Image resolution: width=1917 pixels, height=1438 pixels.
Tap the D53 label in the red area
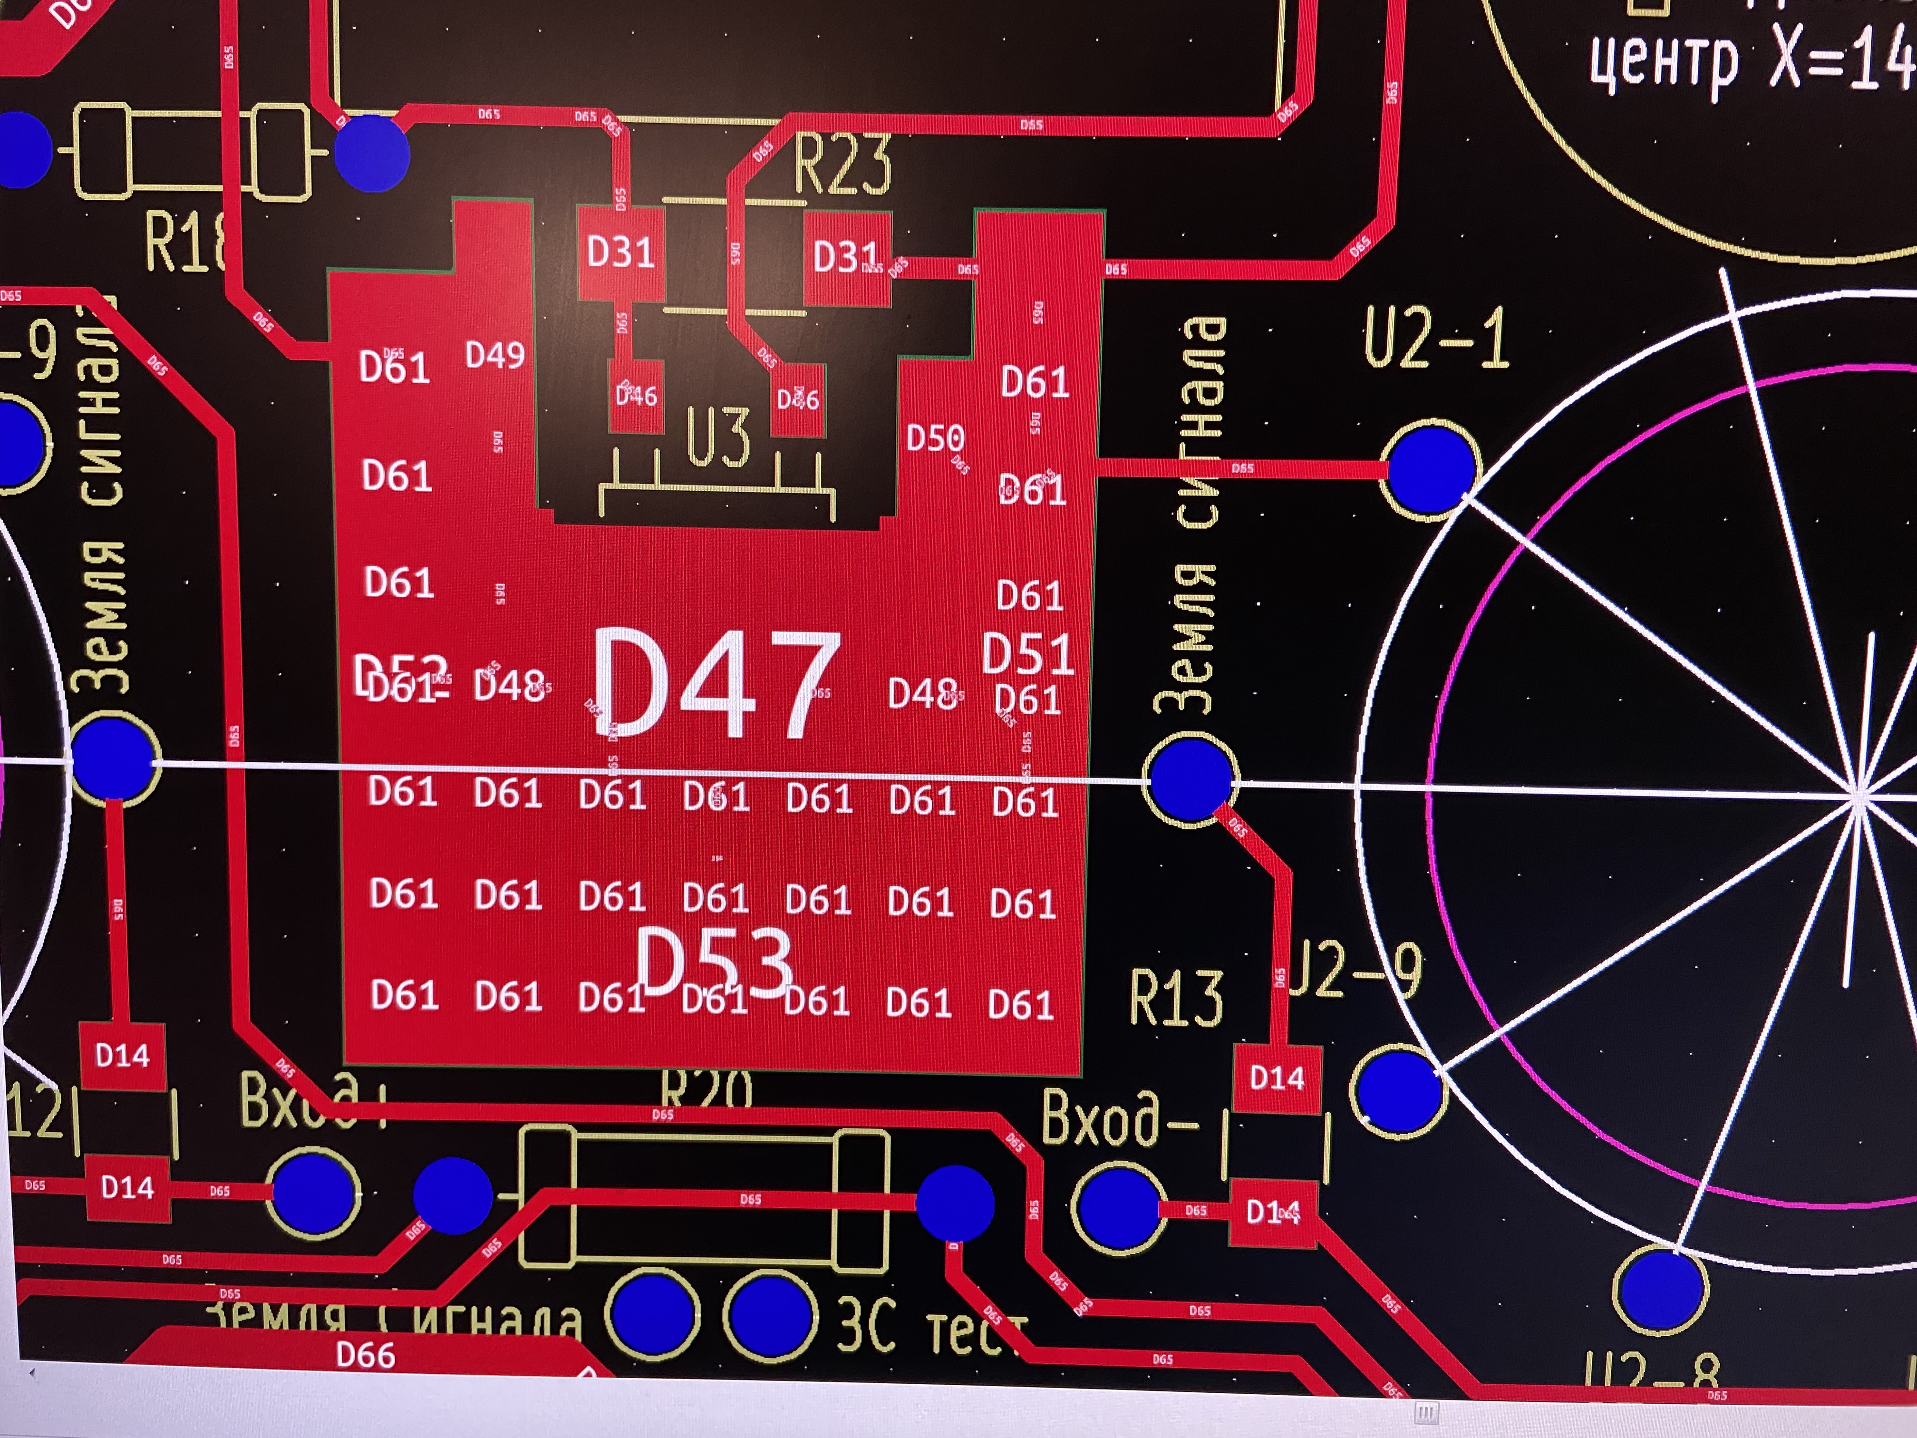pos(713,962)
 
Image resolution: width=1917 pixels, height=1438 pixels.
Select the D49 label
pos(495,355)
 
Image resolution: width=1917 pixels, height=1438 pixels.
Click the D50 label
pos(934,438)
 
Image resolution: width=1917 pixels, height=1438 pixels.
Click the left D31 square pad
pos(620,253)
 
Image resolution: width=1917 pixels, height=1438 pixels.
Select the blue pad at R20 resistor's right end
pos(955,1203)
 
